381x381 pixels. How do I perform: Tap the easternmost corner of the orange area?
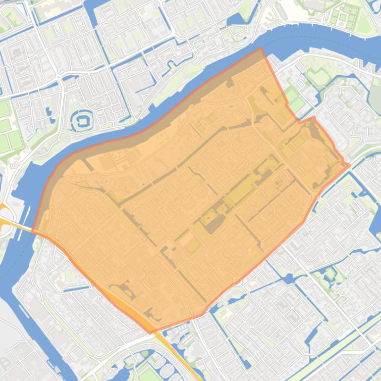click(350, 165)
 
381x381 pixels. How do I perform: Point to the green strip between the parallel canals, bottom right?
click(342, 341)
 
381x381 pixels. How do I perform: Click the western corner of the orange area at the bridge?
click(33, 231)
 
